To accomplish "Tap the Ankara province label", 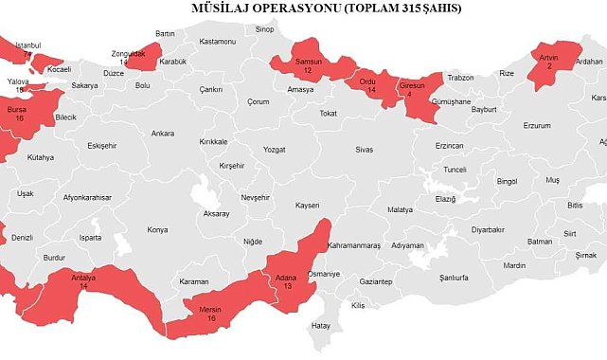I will pos(163,134).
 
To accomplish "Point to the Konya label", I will pos(157,229).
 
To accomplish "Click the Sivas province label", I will pos(365,150).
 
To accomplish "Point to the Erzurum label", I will pos(537,125).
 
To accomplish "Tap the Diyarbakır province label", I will pos(489,229).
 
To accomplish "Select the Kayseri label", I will pos(308,204).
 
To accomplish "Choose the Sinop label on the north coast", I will pos(265,29).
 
